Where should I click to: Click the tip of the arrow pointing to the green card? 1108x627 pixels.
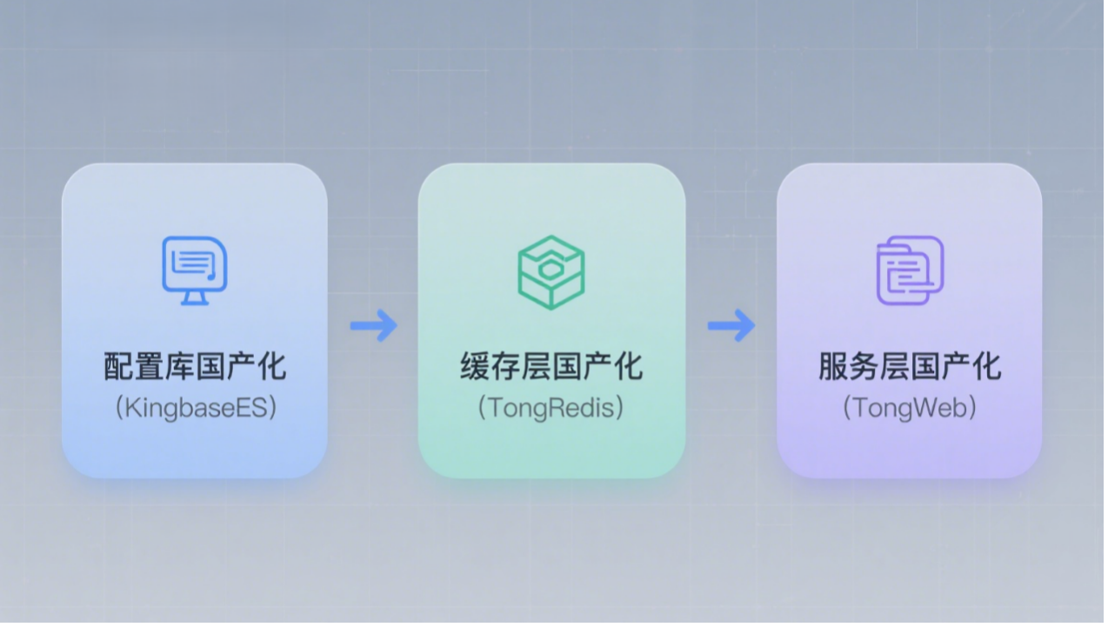(397, 325)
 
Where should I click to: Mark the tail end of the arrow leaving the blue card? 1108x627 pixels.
(351, 325)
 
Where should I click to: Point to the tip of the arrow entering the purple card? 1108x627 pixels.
(755, 325)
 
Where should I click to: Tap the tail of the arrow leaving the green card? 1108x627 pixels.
(709, 325)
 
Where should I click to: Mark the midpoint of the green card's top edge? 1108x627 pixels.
(551, 163)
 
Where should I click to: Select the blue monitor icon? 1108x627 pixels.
(195, 270)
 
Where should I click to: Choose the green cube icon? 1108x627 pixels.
(551, 272)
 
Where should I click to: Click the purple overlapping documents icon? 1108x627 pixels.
(910, 270)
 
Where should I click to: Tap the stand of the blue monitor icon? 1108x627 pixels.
(195, 298)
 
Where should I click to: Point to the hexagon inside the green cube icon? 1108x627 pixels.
(549, 270)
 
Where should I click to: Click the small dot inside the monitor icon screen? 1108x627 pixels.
(210, 277)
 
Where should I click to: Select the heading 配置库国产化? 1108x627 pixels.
(195, 366)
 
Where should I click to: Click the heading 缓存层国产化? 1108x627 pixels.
(551, 366)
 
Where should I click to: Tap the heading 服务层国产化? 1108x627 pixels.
(910, 366)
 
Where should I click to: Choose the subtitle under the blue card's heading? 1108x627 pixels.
(196, 409)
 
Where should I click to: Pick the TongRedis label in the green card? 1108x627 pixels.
(551, 409)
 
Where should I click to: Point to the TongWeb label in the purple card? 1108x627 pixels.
(909, 409)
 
